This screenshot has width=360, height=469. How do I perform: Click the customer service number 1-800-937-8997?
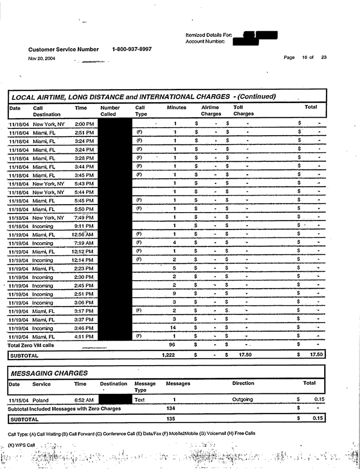coord(132,50)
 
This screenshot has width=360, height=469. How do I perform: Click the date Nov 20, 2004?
coord(42,58)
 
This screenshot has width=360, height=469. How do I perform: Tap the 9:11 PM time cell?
coord(84,225)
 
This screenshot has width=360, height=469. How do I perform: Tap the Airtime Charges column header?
coord(211,111)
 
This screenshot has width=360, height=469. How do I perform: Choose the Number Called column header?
coord(110,111)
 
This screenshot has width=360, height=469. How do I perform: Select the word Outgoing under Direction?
coord(243,400)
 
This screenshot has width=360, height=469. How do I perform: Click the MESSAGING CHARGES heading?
coord(50,374)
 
